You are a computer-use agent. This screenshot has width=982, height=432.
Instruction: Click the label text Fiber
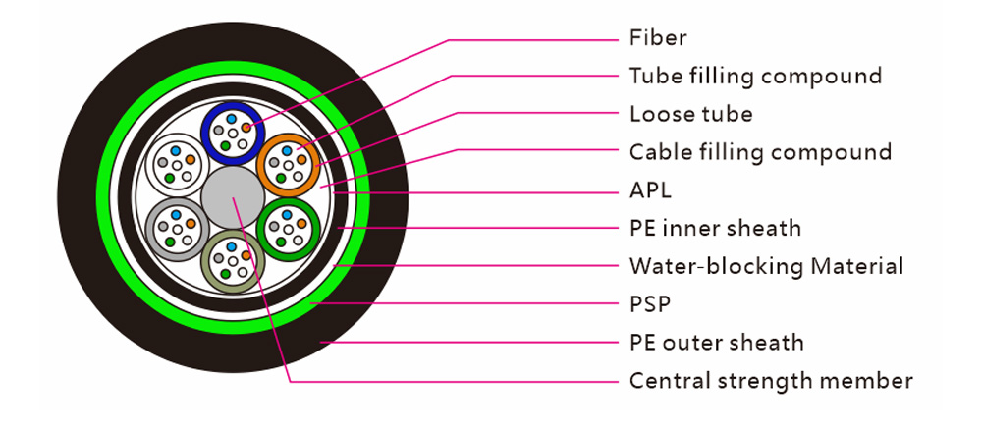(658, 38)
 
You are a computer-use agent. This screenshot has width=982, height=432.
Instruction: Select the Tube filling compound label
(755, 76)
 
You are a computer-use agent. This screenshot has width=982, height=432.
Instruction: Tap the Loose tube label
(690, 114)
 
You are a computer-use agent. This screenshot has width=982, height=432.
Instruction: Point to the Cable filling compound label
(760, 152)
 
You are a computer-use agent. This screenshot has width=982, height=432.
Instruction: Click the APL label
(650, 190)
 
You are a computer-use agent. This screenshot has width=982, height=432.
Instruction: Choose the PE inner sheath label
(715, 229)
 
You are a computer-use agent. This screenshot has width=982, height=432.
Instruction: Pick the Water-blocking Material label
(767, 267)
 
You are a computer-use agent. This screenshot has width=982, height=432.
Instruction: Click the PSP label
(650, 305)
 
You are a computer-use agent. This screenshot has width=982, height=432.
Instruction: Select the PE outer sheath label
(717, 343)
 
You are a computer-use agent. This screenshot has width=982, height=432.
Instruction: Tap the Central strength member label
(771, 381)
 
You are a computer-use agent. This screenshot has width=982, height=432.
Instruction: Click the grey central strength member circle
(233, 198)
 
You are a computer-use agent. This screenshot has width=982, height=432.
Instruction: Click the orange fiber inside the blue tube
(246, 128)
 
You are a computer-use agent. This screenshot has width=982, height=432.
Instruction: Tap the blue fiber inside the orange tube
(287, 151)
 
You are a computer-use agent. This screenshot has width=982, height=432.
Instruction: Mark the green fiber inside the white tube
(170, 178)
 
